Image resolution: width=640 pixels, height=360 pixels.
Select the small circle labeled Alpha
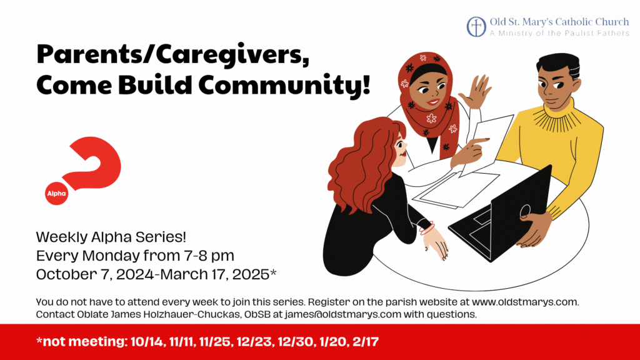tap(56, 194)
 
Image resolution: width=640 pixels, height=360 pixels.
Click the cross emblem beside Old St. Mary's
tap(476, 27)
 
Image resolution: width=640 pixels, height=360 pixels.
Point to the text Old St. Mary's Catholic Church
tap(559, 22)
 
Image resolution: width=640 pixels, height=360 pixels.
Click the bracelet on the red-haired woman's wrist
tap(426, 228)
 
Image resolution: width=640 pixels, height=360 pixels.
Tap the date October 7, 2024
tap(95, 274)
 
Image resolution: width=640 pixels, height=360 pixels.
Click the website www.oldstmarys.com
tap(525, 302)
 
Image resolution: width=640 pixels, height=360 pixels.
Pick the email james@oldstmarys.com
tap(343, 314)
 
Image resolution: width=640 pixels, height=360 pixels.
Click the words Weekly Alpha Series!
tap(111, 237)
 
